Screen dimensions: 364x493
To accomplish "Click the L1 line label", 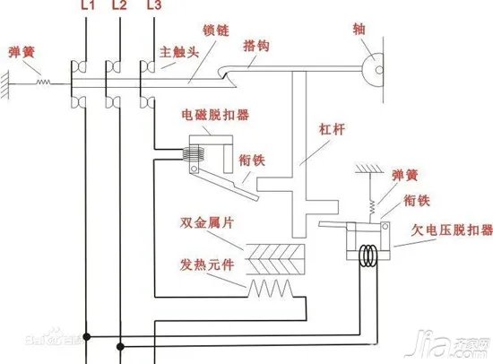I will pos(87,6).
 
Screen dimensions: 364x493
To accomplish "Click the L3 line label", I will pos(153,6).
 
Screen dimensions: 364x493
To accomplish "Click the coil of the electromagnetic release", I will pos(192,155).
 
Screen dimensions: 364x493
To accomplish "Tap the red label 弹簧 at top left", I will pos(22,50).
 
